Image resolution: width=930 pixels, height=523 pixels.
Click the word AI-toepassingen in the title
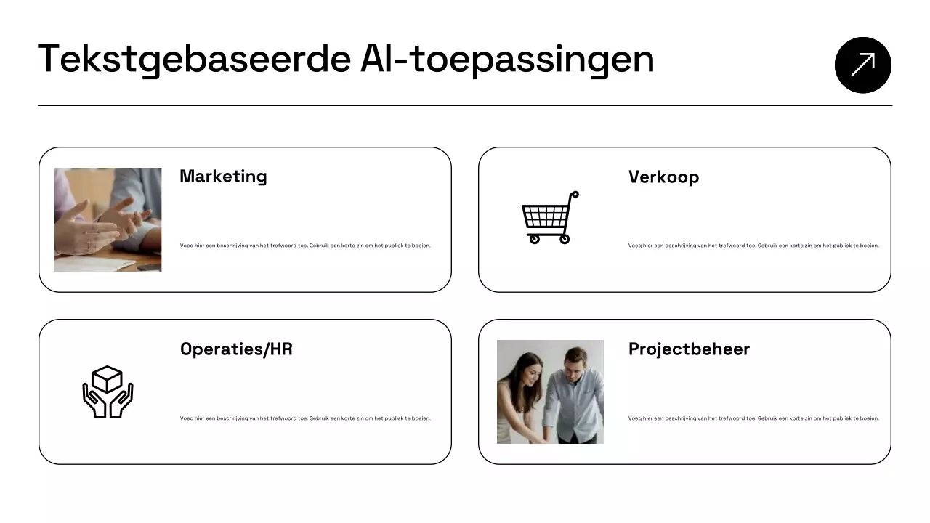point(507,60)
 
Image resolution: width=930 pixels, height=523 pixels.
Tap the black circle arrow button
point(862,65)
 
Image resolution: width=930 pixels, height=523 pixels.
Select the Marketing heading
point(223,177)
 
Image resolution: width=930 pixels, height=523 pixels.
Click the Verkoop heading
point(663,177)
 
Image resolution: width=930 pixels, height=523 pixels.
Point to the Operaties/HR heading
point(236,349)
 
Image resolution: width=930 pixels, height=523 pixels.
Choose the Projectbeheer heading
point(689,349)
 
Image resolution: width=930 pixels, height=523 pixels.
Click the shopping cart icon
point(549,217)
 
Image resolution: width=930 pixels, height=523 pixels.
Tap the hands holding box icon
point(108,392)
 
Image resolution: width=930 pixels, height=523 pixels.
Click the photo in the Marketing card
point(108,219)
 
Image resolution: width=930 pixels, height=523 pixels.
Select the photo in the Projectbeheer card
point(550,392)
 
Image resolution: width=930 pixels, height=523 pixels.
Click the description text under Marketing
point(305,246)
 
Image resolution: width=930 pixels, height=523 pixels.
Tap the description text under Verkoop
point(753,246)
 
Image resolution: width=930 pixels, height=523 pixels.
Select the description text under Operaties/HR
point(305,418)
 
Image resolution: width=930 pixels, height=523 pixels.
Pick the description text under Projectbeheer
point(753,418)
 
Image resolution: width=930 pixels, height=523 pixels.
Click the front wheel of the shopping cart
point(534,238)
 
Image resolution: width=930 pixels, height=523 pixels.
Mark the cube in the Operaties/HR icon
point(108,378)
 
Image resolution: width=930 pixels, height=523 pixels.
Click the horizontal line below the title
point(465,105)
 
